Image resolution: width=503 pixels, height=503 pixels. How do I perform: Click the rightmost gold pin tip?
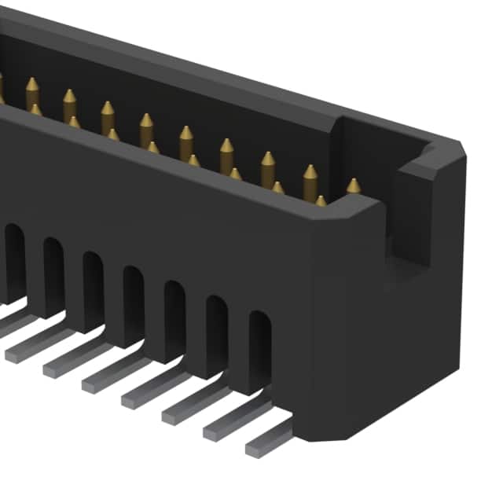pos(354,185)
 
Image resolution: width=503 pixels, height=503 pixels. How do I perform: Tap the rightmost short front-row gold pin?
pos(321,201)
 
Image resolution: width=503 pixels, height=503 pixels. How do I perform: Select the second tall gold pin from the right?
pos(310,178)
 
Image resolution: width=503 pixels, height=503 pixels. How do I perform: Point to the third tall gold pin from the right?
pos(268,166)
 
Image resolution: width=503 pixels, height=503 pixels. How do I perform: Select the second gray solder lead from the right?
pos(232,424)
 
